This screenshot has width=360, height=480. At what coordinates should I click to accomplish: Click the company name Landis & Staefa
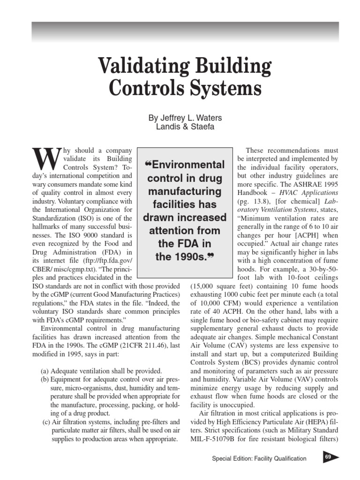185,127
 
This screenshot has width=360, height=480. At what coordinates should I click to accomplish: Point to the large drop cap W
46,160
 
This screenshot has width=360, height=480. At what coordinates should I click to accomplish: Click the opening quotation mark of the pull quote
150,164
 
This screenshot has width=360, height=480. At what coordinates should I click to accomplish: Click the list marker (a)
45,370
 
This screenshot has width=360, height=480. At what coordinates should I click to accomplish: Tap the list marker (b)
45,379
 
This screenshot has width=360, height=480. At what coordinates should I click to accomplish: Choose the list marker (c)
46,421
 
